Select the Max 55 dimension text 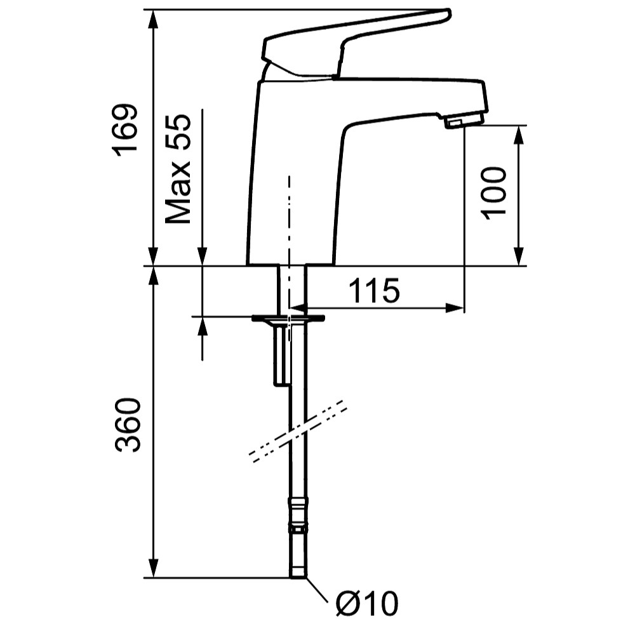pyautogui.click(x=178, y=169)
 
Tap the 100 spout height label pyautogui.click(x=493, y=193)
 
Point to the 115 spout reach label pyautogui.click(x=374, y=290)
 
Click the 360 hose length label pyautogui.click(x=127, y=425)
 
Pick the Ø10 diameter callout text pyautogui.click(x=367, y=603)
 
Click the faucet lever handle pyautogui.click(x=356, y=43)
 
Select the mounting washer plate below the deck pyautogui.click(x=288, y=318)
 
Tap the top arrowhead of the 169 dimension pyautogui.click(x=153, y=19)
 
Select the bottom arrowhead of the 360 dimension pyautogui.click(x=153, y=568)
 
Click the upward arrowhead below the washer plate pyautogui.click(x=203, y=326)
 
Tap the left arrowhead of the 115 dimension pyautogui.click(x=299, y=308)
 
